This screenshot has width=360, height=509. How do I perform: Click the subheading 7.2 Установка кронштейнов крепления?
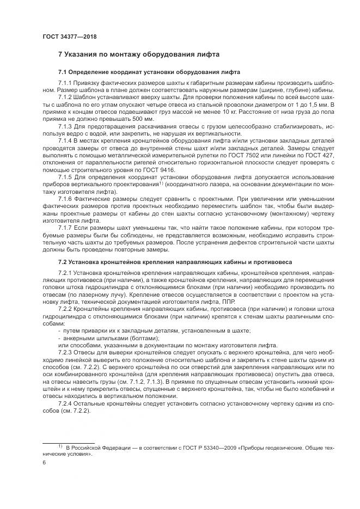175,261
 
